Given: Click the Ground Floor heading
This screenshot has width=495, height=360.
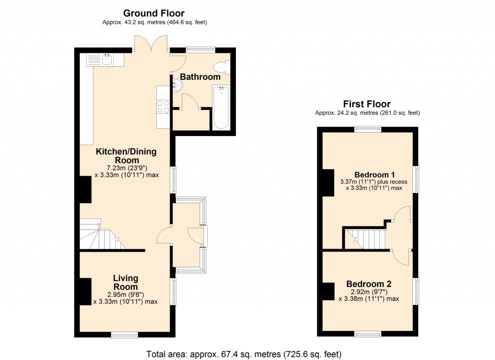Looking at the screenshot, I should pyautogui.click(x=154, y=13).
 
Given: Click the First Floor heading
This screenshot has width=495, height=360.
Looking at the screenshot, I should pyautogui.click(x=367, y=104).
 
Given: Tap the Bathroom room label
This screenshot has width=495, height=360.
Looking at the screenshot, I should pyautogui.click(x=200, y=77).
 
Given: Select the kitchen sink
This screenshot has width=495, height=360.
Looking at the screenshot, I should pyautogui.click(x=105, y=60).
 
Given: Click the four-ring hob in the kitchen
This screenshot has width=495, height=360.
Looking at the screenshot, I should pyautogui.click(x=162, y=106).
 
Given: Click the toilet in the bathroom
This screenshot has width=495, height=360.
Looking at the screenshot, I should pyautogui.click(x=223, y=68).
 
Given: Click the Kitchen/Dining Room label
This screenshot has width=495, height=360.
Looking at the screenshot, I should pyautogui.click(x=126, y=156).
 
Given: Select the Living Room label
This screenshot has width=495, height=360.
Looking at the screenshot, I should pyautogui.click(x=126, y=282).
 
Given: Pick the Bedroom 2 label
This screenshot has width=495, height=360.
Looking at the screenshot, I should pyautogui.click(x=368, y=284).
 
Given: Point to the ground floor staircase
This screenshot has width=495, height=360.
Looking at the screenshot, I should pyautogui.click(x=102, y=236).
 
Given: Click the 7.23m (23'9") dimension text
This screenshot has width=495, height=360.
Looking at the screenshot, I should pyautogui.click(x=126, y=168).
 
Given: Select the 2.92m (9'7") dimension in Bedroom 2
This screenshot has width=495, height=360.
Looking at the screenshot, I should pyautogui.click(x=368, y=292).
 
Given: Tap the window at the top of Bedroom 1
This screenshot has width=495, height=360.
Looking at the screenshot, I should pyautogui.click(x=367, y=129).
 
